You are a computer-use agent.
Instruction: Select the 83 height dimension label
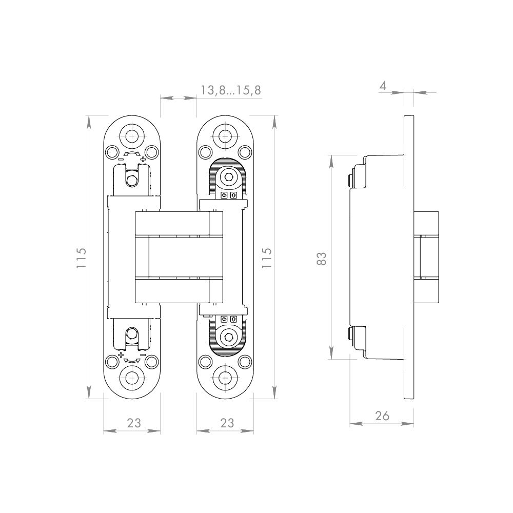pos(322,258)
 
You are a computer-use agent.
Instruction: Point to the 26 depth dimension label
pos(382,416)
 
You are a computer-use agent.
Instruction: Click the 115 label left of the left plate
pos(81,258)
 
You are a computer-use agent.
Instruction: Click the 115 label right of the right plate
pos(266,258)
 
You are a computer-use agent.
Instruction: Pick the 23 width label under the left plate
pos(133,423)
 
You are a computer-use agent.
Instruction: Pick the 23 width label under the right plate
pos(227,423)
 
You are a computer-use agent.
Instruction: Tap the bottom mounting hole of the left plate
pos(132,379)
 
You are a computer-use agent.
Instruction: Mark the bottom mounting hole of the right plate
pos(225,379)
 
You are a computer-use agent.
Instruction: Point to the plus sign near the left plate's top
pos(143,160)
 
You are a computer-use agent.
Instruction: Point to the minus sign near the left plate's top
pos(120,160)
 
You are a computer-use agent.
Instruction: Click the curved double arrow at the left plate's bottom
pos(132,360)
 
